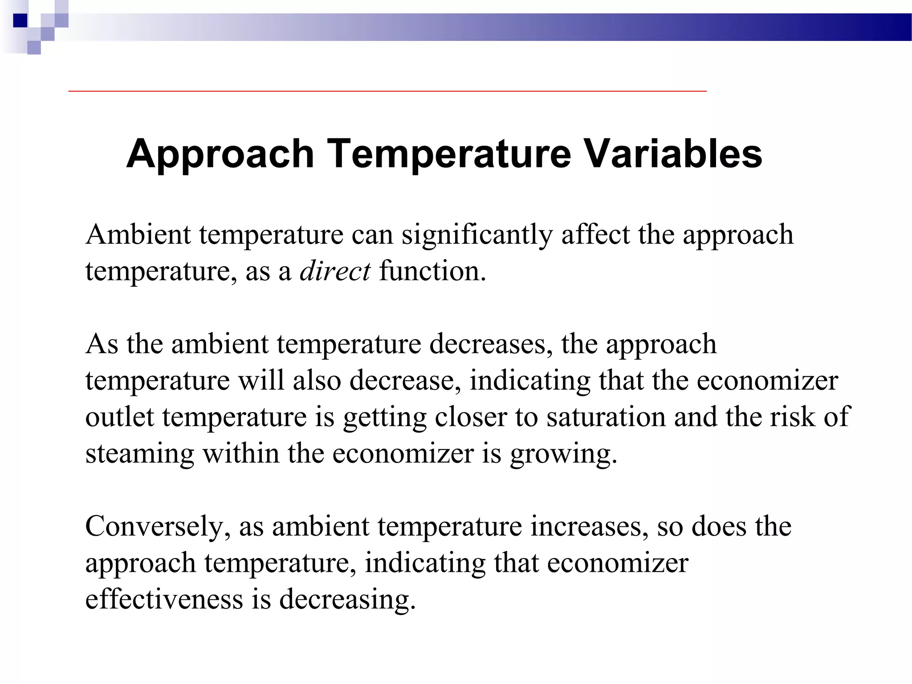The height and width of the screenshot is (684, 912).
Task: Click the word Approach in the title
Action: click(x=220, y=154)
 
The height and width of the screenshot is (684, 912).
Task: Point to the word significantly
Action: click(x=477, y=235)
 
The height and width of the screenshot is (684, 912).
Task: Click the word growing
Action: click(x=563, y=454)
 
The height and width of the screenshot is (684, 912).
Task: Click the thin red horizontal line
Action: click(x=387, y=91)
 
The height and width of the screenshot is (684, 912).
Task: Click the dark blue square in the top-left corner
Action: click(x=20, y=20)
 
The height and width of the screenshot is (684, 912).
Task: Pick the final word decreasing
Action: click(x=347, y=599)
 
